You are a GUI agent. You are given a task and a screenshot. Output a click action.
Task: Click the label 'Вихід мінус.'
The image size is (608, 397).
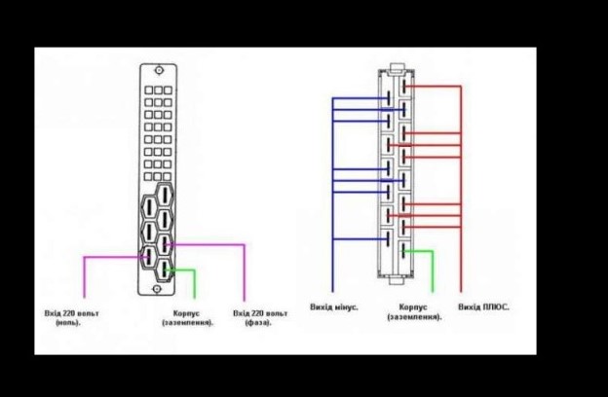click(334, 307)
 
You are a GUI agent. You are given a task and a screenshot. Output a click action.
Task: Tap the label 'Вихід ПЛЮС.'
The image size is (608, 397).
click(483, 307)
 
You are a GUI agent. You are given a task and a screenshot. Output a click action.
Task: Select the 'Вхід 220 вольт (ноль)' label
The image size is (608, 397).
click(72, 317)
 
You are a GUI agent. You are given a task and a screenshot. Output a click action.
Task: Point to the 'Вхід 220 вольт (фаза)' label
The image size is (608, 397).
click(260, 317)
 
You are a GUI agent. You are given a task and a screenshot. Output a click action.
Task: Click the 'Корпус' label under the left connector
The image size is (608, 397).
click(186, 313)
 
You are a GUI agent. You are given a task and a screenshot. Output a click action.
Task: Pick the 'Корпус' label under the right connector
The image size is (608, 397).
click(413, 307)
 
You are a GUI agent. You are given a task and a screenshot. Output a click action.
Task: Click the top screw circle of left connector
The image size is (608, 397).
click(159, 70)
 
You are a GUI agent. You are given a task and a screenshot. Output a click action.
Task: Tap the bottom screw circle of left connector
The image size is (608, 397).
click(157, 289)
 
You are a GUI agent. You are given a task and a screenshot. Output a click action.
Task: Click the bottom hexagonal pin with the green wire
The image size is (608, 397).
click(165, 270)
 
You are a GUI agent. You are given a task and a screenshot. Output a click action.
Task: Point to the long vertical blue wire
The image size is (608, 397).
click(332, 195)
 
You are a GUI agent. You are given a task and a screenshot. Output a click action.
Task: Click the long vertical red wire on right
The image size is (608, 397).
click(461, 189)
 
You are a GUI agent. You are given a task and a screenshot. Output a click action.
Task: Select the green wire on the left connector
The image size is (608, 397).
click(182, 282)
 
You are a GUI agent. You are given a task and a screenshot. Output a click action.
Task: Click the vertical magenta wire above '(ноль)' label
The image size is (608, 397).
click(84, 277)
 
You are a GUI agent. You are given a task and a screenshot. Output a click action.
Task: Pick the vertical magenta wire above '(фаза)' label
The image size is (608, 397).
click(245, 272)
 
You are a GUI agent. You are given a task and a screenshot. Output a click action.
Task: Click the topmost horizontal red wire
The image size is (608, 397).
click(433, 87)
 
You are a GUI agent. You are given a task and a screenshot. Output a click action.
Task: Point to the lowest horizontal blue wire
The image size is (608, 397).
click(361, 239)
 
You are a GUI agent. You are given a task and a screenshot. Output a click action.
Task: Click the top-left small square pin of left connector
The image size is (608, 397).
click(149, 90)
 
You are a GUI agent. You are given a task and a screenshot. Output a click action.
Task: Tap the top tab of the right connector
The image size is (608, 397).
click(397, 68)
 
